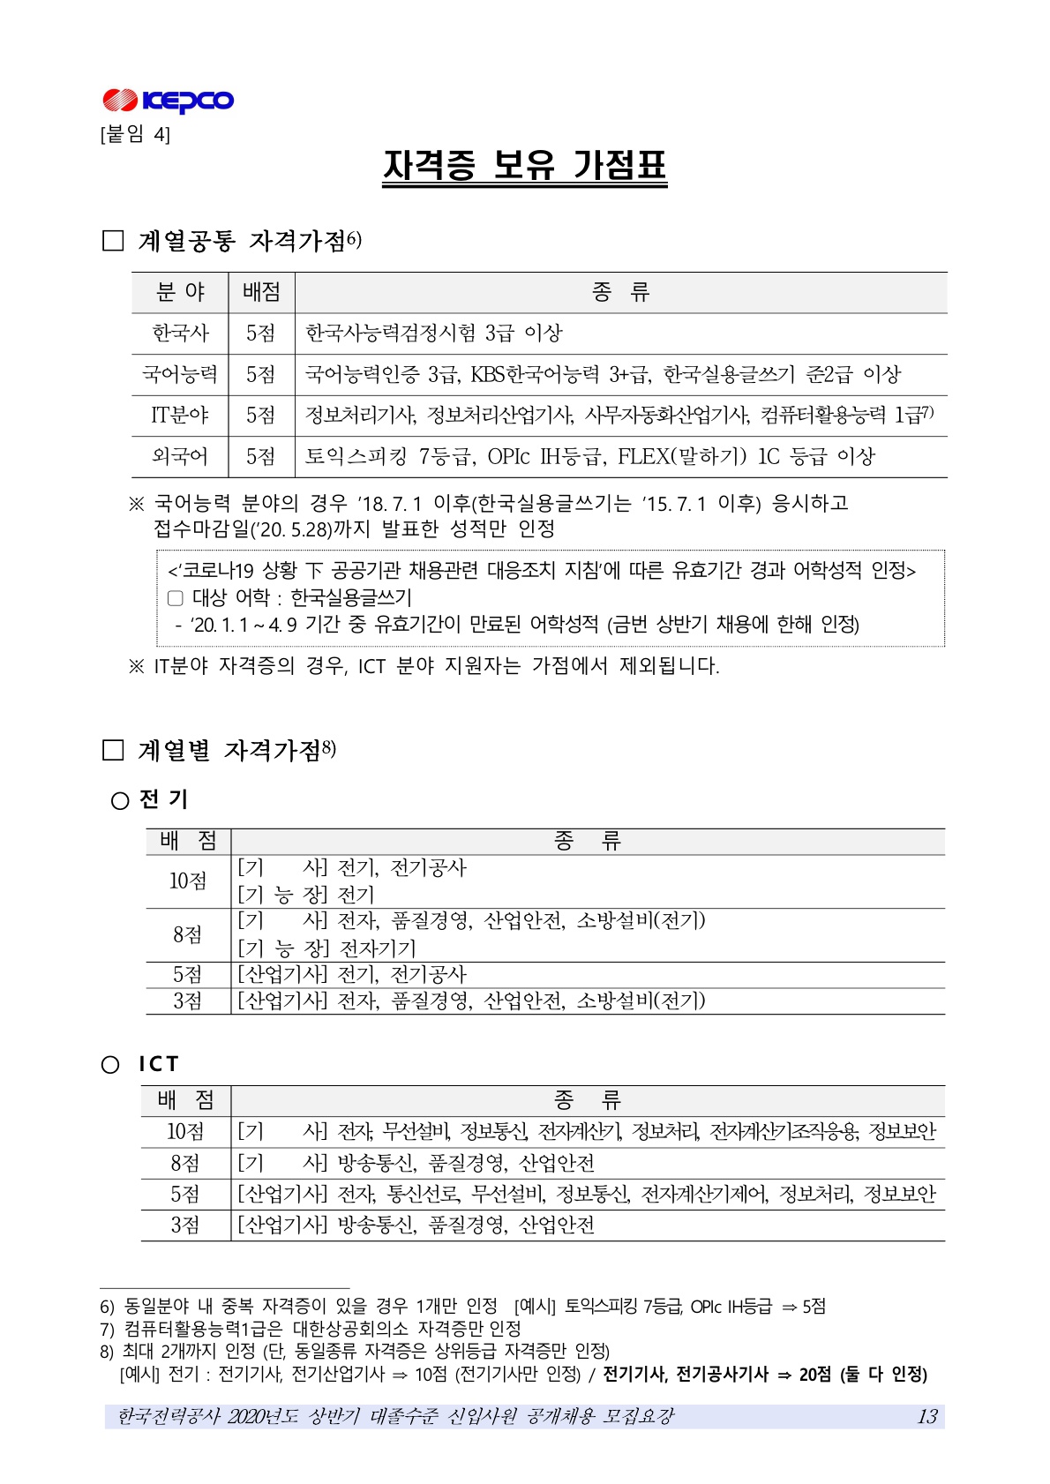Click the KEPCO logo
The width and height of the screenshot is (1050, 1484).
click(x=168, y=101)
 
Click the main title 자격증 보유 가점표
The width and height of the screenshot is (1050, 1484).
click(x=524, y=166)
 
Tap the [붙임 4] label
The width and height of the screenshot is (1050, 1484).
click(x=135, y=134)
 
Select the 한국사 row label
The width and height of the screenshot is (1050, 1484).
click(x=180, y=334)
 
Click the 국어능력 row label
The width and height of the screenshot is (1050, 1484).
click(x=180, y=374)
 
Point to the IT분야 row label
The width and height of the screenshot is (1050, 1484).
click(x=180, y=415)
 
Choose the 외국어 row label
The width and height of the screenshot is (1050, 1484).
click(x=180, y=456)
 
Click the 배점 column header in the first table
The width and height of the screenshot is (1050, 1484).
click(x=261, y=292)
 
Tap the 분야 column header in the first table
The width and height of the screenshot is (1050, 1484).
click(x=180, y=292)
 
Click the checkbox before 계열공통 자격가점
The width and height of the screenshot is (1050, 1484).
click(x=113, y=241)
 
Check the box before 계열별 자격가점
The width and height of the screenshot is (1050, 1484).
click(x=113, y=750)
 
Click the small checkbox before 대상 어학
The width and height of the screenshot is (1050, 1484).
click(x=175, y=598)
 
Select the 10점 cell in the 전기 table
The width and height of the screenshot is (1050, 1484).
click(x=188, y=881)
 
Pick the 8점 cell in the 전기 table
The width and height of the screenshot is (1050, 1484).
click(x=188, y=934)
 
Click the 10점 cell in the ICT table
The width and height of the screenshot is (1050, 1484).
click(x=185, y=1131)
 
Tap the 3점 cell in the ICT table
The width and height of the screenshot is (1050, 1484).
click(x=185, y=1225)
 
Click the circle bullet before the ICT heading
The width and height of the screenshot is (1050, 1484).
click(x=110, y=1065)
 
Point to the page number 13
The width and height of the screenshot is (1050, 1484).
click(x=926, y=1416)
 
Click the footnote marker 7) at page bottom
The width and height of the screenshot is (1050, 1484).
click(x=108, y=1329)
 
